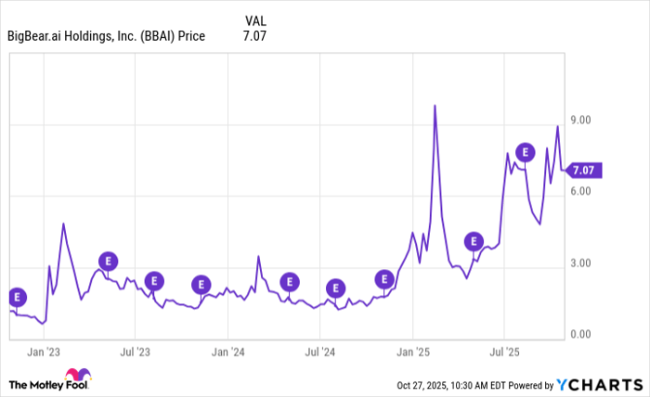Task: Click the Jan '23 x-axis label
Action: pyautogui.click(x=44, y=352)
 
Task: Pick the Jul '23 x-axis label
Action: pyautogui.click(x=136, y=352)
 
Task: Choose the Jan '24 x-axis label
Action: pyautogui.click(x=227, y=352)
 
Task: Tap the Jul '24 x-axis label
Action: pyautogui.click(x=319, y=352)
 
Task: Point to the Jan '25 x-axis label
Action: pyautogui.click(x=412, y=352)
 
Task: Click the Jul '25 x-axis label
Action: pyautogui.click(x=503, y=352)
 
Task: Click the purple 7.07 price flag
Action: pyautogui.click(x=586, y=170)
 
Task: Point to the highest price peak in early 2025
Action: pyautogui.click(x=435, y=106)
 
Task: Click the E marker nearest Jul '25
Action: pyautogui.click(x=526, y=152)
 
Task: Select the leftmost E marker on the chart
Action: pyautogui.click(x=16, y=298)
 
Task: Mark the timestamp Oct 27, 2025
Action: pyautogui.click(x=428, y=384)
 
